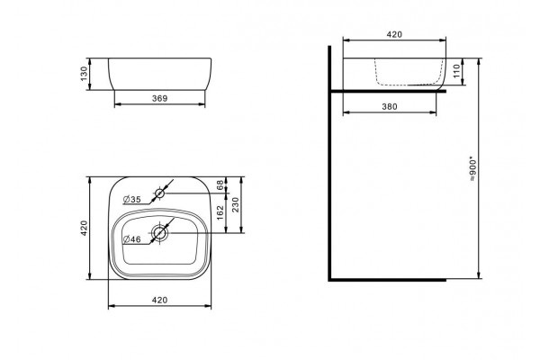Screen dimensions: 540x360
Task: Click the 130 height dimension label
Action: click(x=84, y=74)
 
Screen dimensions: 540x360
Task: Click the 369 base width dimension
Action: click(x=160, y=98)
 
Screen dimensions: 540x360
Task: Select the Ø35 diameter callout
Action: click(x=132, y=199)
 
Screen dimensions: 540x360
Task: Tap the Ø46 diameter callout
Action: click(x=132, y=239)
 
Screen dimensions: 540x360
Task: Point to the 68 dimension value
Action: click(x=220, y=184)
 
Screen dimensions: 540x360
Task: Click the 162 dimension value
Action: click(x=220, y=212)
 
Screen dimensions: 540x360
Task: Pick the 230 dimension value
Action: click(x=236, y=204)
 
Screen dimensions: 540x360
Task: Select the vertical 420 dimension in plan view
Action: click(x=84, y=228)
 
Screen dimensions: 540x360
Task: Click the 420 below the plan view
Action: click(x=160, y=300)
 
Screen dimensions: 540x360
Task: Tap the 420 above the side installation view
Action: click(x=394, y=34)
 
